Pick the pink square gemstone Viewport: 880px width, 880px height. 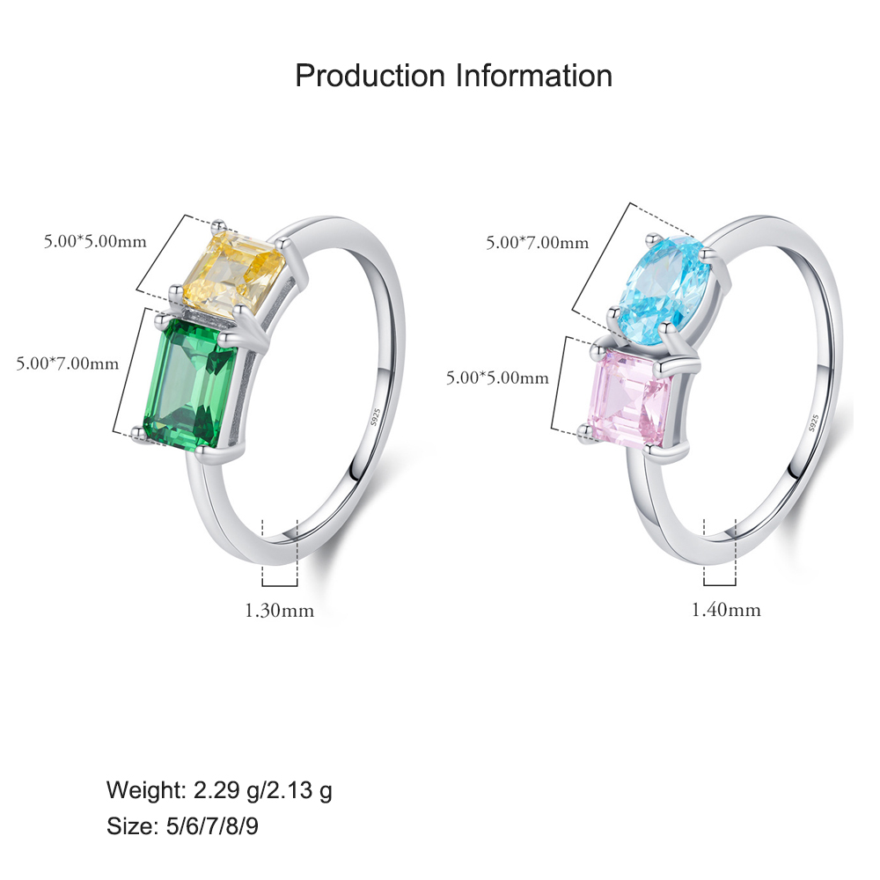(x=630, y=398)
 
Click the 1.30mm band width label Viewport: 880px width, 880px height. (x=280, y=610)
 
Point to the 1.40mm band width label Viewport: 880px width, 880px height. (x=726, y=610)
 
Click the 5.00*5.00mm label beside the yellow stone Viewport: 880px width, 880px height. (x=95, y=241)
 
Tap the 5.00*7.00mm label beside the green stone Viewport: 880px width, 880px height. (x=68, y=363)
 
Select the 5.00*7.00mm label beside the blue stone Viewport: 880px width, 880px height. (x=537, y=243)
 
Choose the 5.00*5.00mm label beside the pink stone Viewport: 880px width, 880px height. (x=497, y=378)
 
